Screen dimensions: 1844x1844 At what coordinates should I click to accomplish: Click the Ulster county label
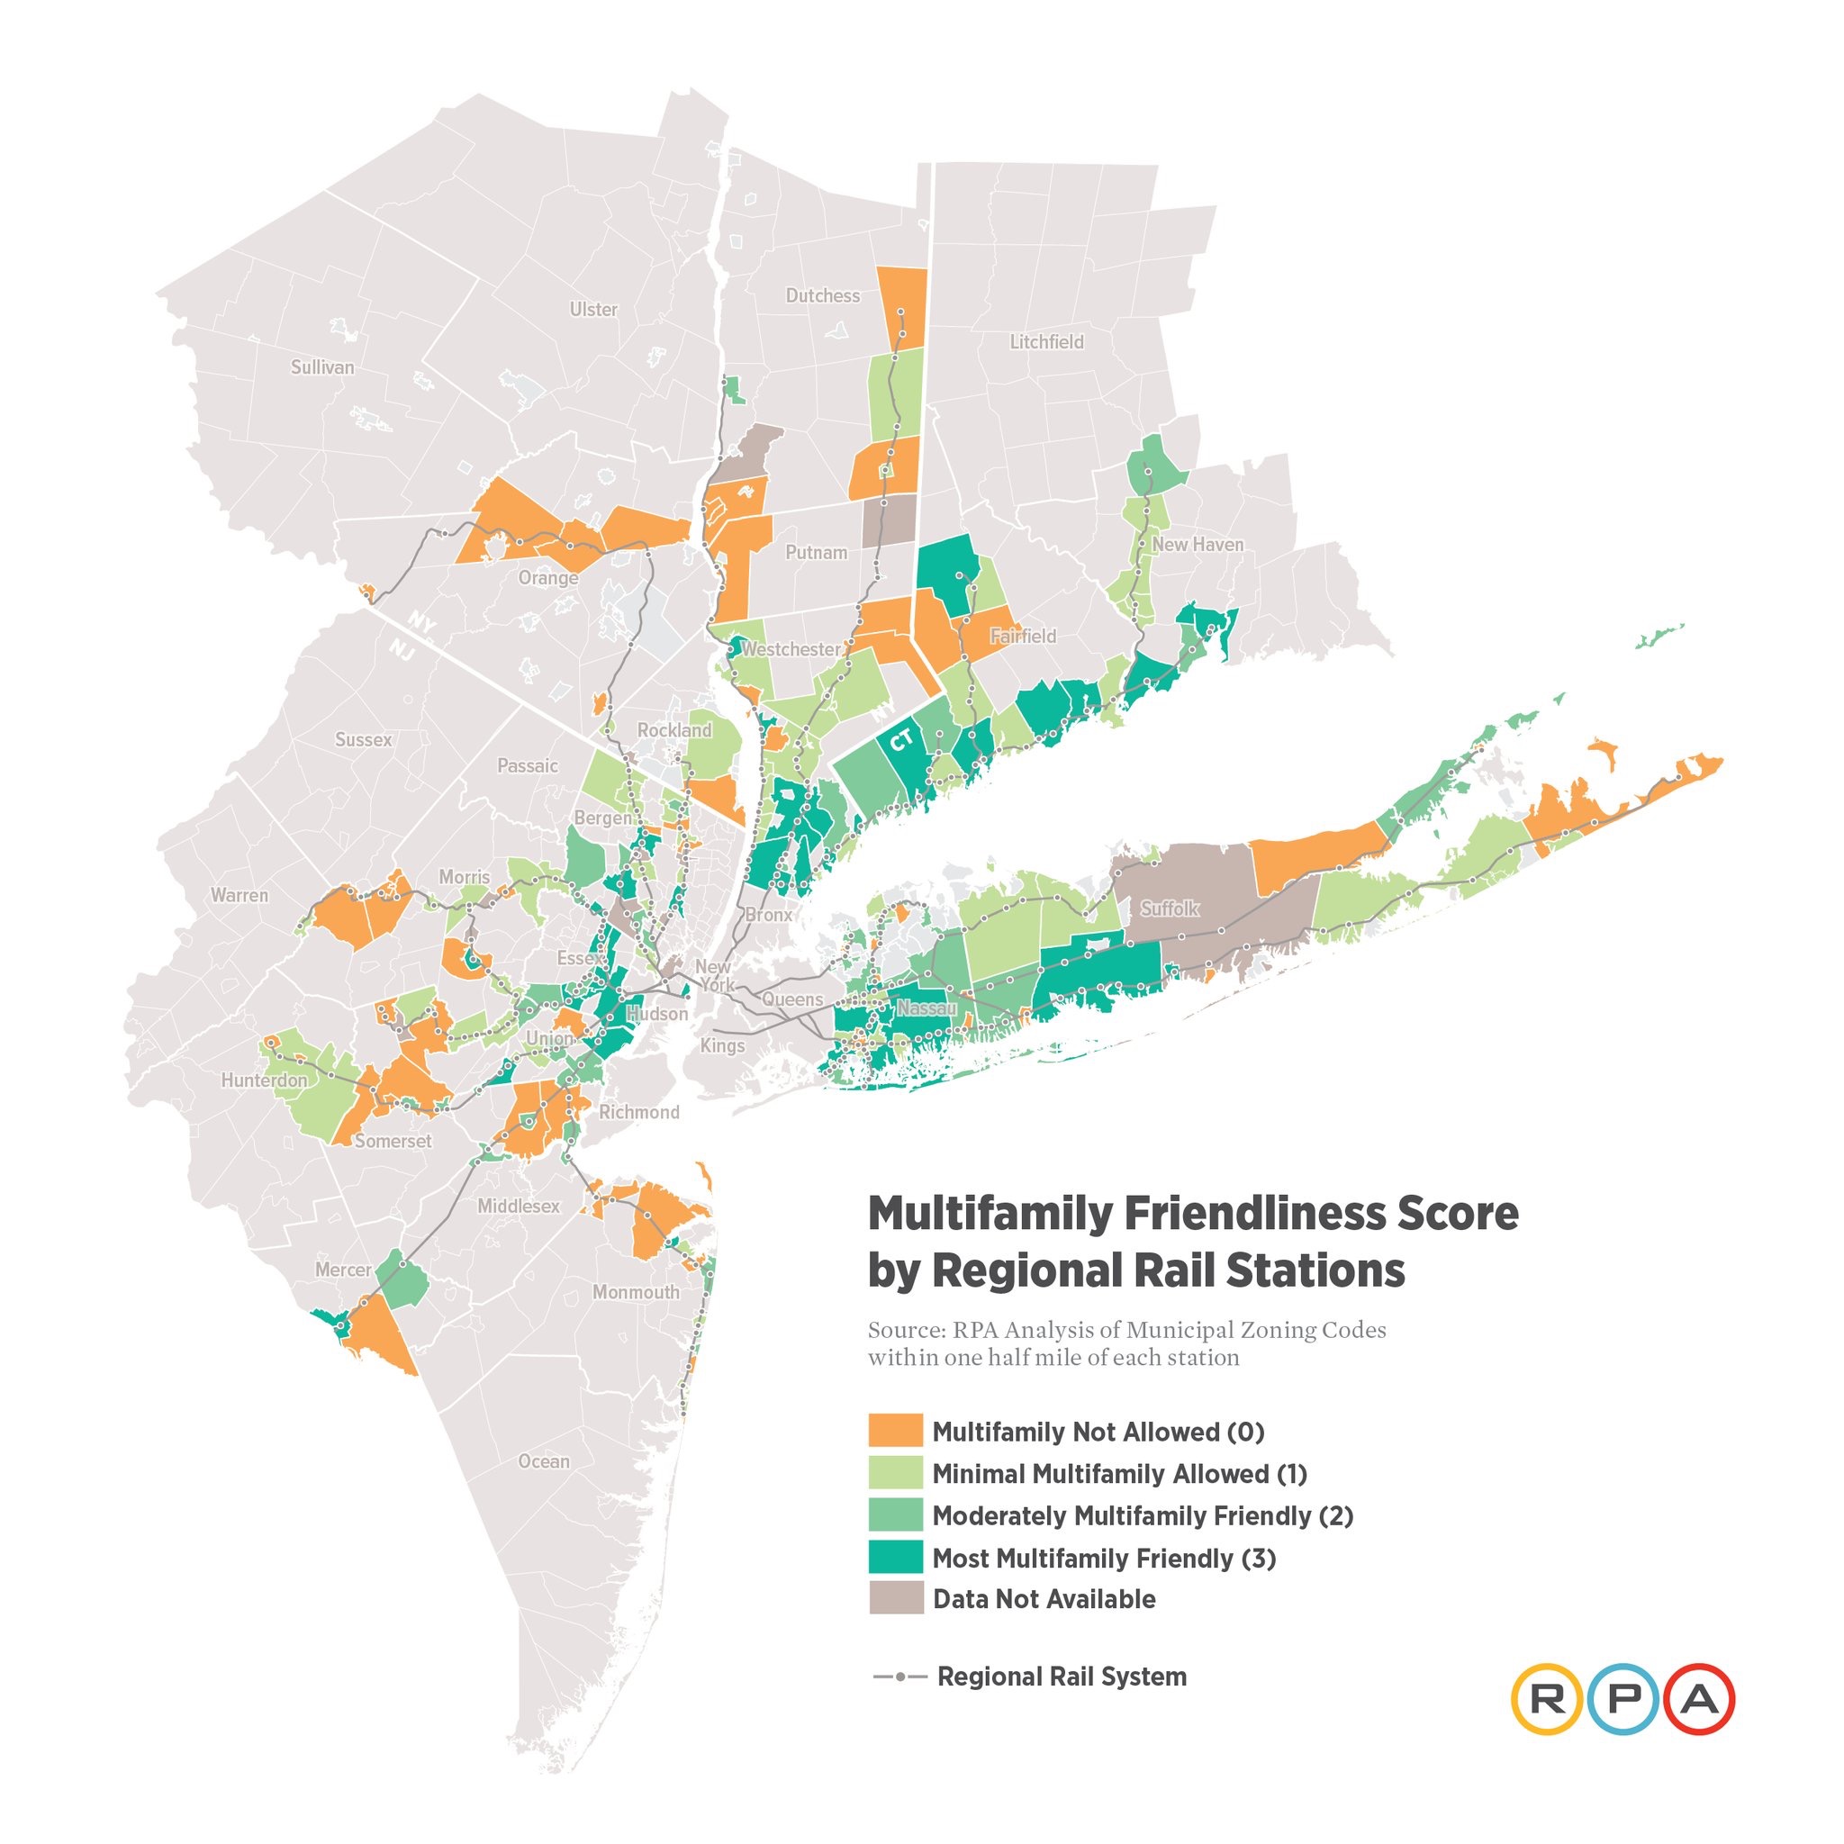pyautogui.click(x=593, y=309)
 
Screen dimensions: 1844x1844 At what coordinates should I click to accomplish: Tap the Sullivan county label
pyautogui.click(x=321, y=367)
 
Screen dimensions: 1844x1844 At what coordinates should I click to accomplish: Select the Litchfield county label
pyautogui.click(x=1046, y=341)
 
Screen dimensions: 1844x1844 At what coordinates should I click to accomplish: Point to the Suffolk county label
pyautogui.click(x=1170, y=908)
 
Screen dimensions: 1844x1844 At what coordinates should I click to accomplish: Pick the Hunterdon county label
pyautogui.click(x=265, y=1080)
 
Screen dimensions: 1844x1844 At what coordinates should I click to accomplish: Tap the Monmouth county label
pyautogui.click(x=636, y=1292)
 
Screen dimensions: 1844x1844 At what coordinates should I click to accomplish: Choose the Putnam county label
pyautogui.click(x=816, y=552)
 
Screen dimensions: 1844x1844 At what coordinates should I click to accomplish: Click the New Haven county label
pyautogui.click(x=1198, y=544)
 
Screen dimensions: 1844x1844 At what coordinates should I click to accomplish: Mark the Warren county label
pyautogui.click(x=240, y=895)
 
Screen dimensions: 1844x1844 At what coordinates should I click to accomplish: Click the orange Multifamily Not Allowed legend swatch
pyautogui.click(x=895, y=1431)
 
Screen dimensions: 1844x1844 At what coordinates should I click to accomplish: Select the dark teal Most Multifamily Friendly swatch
pyautogui.click(x=895, y=1558)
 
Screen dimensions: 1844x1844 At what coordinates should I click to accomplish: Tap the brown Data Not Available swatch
pyautogui.click(x=895, y=1599)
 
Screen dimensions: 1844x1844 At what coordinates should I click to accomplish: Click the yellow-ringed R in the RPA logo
pyautogui.click(x=1546, y=1699)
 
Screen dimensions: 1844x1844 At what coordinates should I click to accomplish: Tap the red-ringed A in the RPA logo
pyautogui.click(x=1699, y=1699)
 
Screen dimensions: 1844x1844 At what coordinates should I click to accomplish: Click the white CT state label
pyautogui.click(x=902, y=740)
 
